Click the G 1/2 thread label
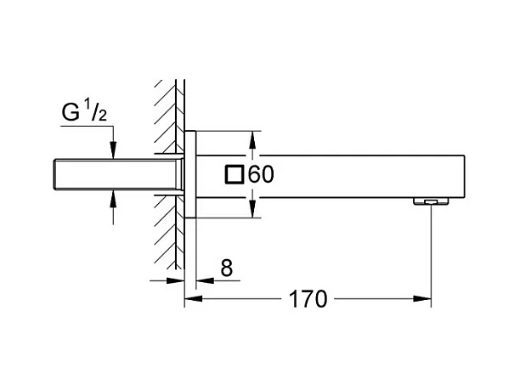pos(84,111)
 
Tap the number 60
pos(261,174)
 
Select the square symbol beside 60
pos(235,174)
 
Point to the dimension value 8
pos(227,268)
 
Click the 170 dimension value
pos(308,299)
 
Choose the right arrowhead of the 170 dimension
pos(422,299)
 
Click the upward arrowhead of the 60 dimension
pos(252,139)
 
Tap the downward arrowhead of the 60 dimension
pos(252,209)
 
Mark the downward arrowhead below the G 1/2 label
pos(113,150)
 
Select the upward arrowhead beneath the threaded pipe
pos(113,199)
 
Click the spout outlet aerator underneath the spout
pos(431,201)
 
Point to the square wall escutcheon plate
pos(190,174)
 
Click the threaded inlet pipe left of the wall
pos(118,175)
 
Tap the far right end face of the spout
pos(464,177)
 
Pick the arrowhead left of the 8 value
pos(205,281)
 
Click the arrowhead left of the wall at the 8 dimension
pos(175,281)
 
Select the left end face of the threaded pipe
pos(54,175)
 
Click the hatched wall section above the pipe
pos(169,116)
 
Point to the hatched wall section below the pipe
pos(169,232)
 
